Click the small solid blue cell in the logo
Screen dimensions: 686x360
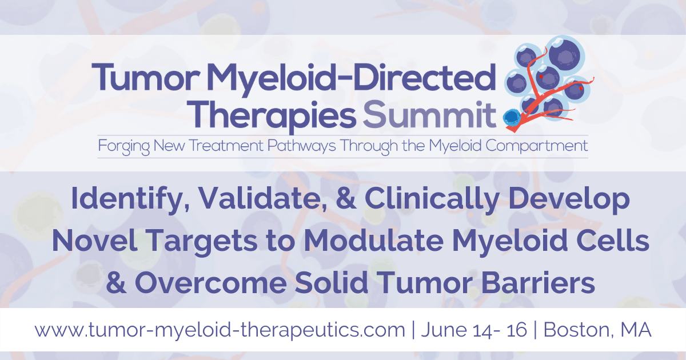point(511,117)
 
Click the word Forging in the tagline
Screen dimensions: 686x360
point(123,146)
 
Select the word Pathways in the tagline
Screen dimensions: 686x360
point(302,146)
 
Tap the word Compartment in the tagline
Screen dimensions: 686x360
point(536,146)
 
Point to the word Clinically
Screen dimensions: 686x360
point(432,199)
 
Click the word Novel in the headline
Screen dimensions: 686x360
point(95,241)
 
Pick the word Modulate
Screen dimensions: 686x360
point(374,241)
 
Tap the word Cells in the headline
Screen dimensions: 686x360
point(612,241)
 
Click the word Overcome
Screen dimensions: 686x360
point(211,283)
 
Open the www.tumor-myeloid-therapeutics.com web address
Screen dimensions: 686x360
point(220,330)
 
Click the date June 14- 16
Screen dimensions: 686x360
point(474,330)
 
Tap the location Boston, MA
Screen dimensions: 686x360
point(597,330)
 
